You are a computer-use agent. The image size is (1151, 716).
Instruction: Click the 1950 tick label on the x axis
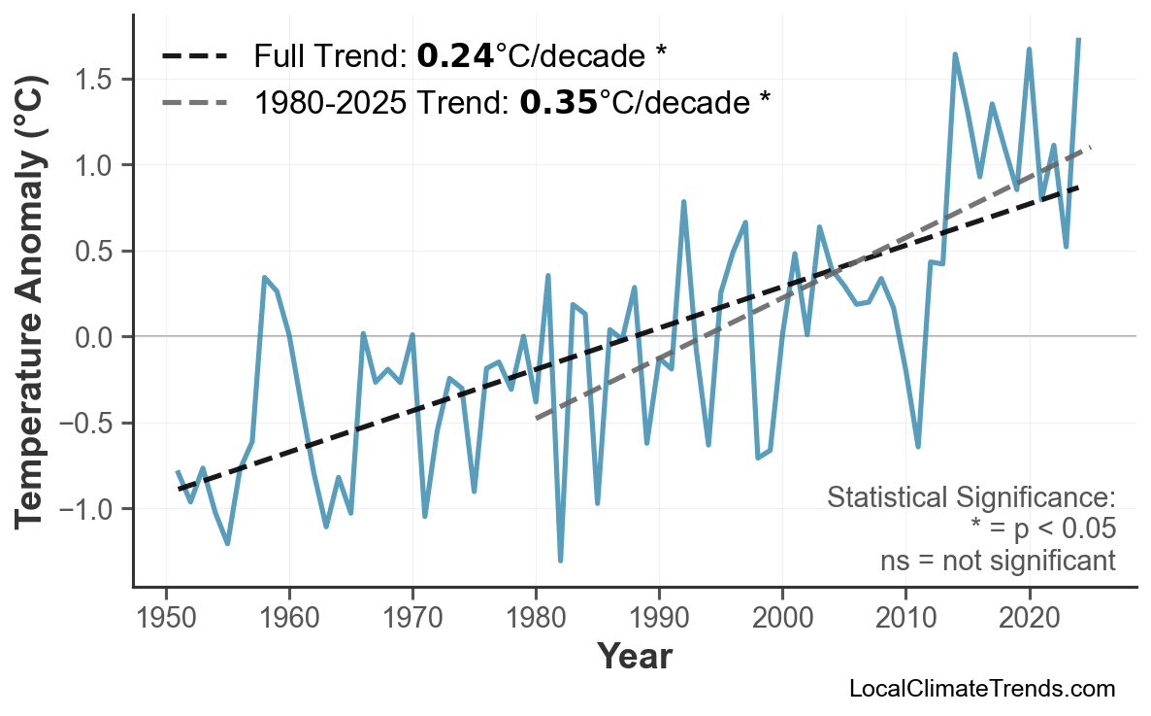click(166, 619)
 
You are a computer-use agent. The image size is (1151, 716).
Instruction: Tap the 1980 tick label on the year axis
click(536, 619)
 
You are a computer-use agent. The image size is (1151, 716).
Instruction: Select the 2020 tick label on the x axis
click(1029, 619)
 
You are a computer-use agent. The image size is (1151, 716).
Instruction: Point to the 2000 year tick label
click(782, 619)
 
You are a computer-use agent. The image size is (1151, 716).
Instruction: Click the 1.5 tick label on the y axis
click(98, 80)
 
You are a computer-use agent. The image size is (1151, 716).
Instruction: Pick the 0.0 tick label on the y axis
click(98, 337)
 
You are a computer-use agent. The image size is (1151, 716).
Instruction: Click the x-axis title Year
click(634, 658)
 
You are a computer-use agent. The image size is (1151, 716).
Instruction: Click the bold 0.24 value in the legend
click(454, 56)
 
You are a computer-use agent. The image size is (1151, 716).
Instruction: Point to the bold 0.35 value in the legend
click(558, 101)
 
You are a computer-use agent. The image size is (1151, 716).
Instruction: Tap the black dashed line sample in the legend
click(194, 56)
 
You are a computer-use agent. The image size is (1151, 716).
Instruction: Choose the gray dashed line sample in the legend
click(194, 101)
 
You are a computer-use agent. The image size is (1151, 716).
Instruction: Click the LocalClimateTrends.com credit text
click(982, 689)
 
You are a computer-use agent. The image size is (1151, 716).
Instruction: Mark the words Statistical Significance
click(970, 497)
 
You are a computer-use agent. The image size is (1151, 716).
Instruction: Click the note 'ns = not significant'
click(998, 561)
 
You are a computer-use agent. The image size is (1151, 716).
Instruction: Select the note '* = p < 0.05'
click(1042, 529)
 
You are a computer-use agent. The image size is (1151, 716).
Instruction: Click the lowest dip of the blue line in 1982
click(561, 561)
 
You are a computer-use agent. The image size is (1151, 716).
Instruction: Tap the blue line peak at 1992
click(684, 202)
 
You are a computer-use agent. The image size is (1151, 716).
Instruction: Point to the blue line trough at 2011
click(918, 447)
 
